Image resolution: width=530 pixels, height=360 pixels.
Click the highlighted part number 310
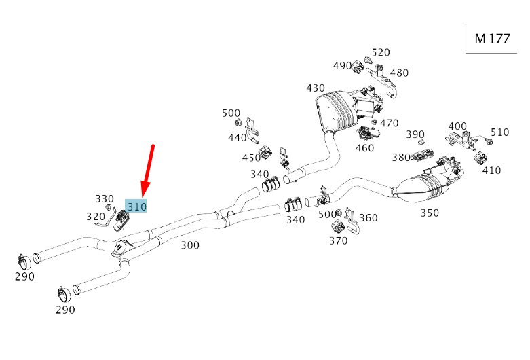coord(136,206)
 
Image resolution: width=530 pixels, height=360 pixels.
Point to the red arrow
coord(148,170)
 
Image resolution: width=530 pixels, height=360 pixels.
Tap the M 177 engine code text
coord(492,39)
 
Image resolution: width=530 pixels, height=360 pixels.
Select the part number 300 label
coord(190,245)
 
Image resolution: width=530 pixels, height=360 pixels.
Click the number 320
coord(95,217)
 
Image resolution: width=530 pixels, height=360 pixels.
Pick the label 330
coord(105,199)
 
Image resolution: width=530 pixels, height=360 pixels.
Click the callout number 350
coord(429,213)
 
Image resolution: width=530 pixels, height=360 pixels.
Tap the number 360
coord(368,218)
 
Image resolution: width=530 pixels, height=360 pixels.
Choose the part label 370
coord(338,240)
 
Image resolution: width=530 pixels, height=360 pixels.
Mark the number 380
coord(401,158)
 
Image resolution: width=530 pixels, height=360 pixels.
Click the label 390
coord(415,134)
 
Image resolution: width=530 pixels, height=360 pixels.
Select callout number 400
coord(457,126)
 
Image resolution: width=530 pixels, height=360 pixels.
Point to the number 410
coord(491,170)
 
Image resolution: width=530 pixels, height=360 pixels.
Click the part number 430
coord(316,88)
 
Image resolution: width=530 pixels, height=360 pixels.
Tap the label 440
coord(237,138)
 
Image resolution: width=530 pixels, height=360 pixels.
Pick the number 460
coord(364,148)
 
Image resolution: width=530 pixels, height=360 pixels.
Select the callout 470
coord(389,123)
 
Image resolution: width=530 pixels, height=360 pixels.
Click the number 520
coord(381,52)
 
